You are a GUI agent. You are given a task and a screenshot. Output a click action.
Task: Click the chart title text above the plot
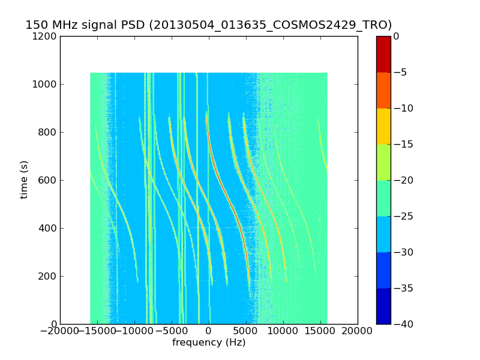click(x=208, y=25)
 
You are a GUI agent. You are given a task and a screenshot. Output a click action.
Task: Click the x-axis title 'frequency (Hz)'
click(x=209, y=343)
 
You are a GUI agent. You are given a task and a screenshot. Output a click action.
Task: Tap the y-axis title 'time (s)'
click(x=24, y=179)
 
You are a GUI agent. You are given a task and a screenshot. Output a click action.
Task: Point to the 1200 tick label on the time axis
click(x=46, y=37)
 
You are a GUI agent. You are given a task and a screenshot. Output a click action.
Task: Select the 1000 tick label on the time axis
click(x=46, y=85)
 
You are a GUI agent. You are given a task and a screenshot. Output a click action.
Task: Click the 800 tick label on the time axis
click(x=49, y=133)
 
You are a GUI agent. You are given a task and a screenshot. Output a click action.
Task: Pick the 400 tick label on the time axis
click(x=49, y=229)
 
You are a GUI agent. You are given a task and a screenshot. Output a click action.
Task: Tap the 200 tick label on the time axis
click(x=49, y=277)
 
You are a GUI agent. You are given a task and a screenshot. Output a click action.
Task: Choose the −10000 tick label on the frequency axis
click(x=134, y=331)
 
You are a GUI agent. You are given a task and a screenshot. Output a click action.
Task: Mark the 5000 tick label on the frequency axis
click(x=246, y=331)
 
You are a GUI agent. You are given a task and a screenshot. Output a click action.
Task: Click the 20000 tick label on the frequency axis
click(x=358, y=331)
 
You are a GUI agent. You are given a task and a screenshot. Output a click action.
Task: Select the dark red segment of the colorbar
click(x=383, y=54)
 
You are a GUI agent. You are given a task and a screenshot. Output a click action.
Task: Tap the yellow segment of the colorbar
click(x=383, y=126)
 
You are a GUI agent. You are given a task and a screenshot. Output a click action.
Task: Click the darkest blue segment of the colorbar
click(x=383, y=306)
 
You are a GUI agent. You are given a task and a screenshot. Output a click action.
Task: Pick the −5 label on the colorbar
click(x=400, y=73)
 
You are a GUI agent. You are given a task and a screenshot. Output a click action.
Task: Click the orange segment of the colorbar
click(x=383, y=90)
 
